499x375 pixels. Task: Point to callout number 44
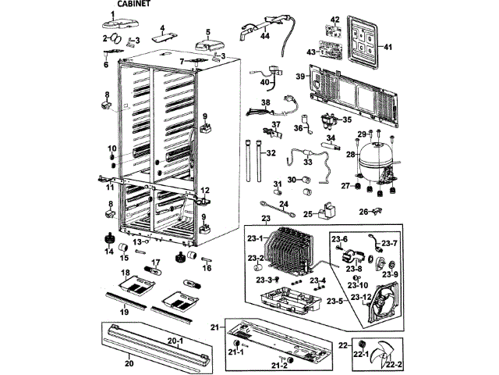(265, 37)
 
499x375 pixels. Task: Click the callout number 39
(299, 77)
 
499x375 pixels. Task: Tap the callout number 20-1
(175, 341)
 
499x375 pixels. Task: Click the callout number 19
(123, 312)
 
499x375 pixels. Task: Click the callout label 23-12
(360, 297)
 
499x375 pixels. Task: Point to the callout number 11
(110, 187)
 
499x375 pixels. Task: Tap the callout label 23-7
(389, 244)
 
